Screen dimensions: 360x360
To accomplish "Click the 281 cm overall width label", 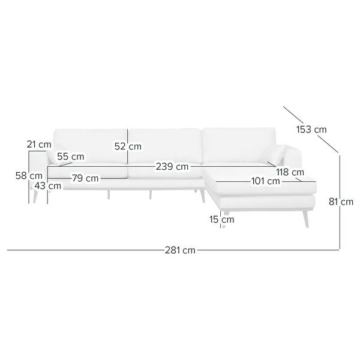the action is [x=180, y=250].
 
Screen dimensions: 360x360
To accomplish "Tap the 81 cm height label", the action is [x=341, y=202].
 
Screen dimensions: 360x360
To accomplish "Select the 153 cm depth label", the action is [x=311, y=130].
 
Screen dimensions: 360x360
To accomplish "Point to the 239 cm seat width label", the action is [x=172, y=166].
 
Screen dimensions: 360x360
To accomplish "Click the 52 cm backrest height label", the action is [x=128, y=146].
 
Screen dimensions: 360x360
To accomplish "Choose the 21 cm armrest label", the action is [x=39, y=145].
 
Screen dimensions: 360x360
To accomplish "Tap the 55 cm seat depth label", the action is [x=70, y=157].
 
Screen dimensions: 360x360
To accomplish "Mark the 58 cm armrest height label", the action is [x=29, y=176].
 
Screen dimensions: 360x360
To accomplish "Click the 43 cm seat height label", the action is [x=48, y=186].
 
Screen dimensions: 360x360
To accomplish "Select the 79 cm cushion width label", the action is [x=85, y=178].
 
